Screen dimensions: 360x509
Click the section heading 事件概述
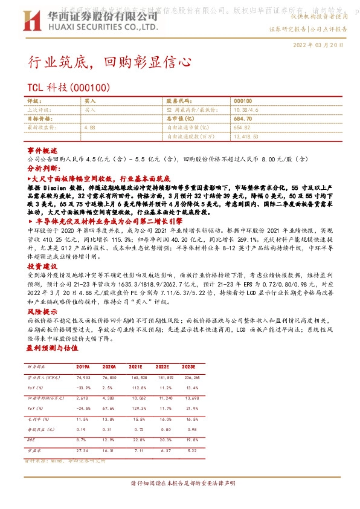pos(42,149)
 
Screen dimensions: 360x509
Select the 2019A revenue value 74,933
pos(82,376)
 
